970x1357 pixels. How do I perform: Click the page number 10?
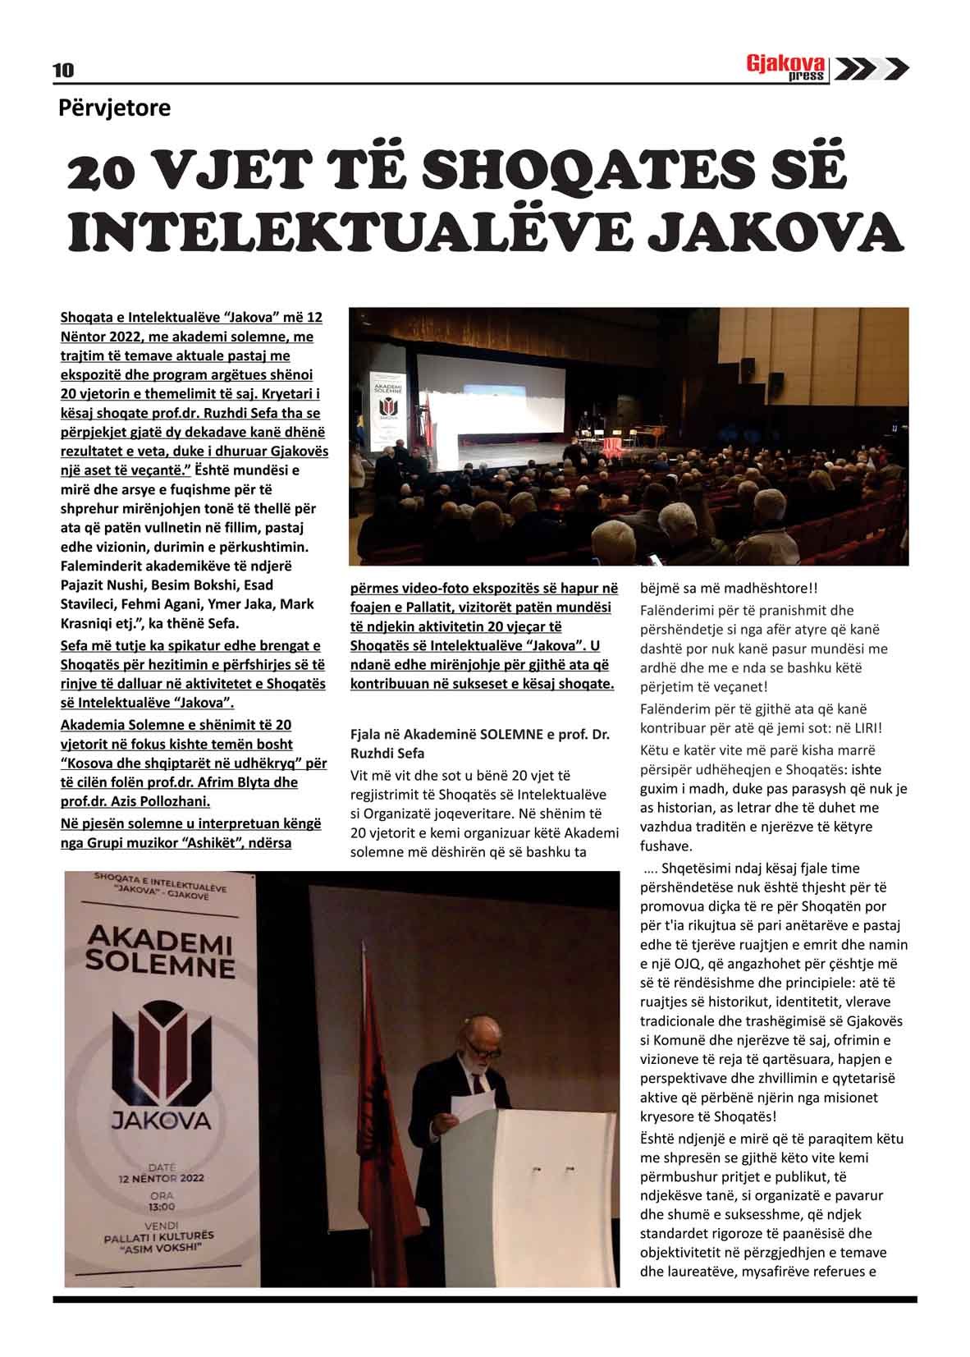[63, 71]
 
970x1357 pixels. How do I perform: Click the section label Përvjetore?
[114, 108]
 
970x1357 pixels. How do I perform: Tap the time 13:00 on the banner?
[162, 1207]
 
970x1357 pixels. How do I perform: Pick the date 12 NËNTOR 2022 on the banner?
[160, 1177]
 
